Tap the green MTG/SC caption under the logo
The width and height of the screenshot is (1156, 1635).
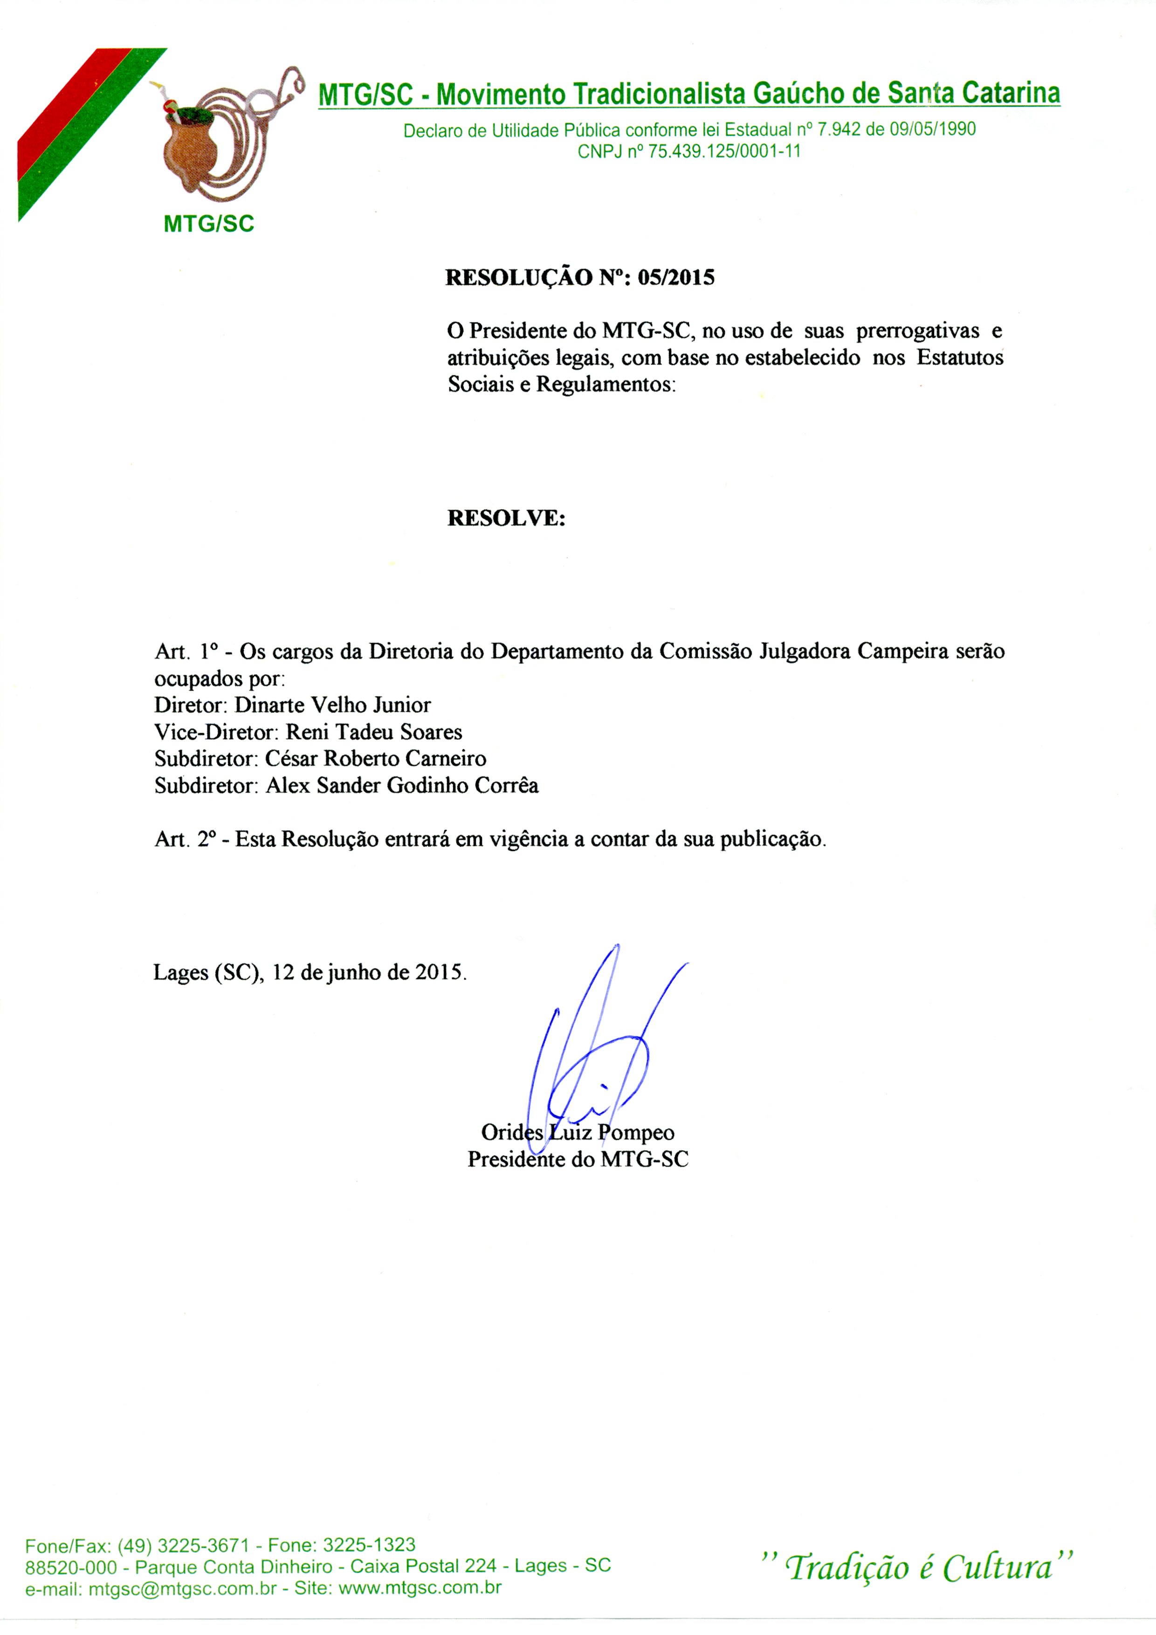point(209,224)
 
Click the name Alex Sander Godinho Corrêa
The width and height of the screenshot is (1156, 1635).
point(402,786)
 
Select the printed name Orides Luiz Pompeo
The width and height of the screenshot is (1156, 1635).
point(578,1132)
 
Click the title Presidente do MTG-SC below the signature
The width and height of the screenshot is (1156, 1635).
point(578,1159)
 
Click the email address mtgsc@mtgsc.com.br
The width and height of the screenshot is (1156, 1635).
point(182,1588)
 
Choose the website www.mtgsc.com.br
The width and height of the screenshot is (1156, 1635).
point(420,1588)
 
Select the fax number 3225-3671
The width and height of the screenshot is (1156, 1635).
point(203,1545)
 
